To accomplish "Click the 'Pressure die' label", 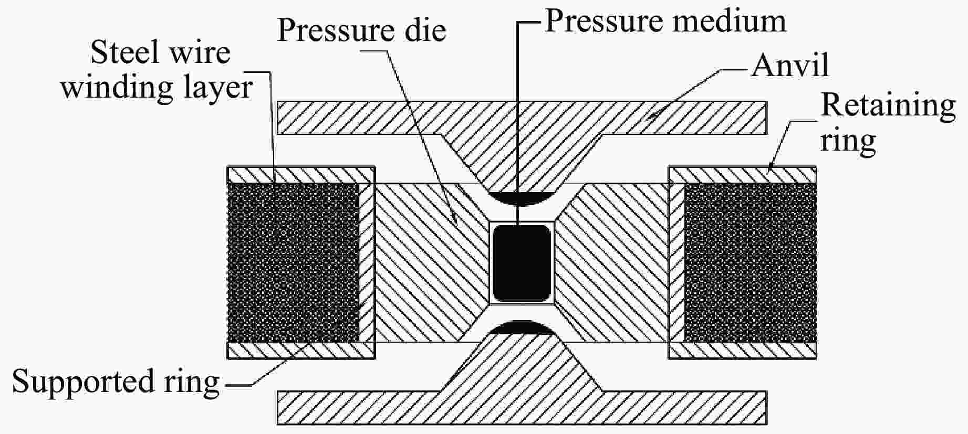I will [x=361, y=30].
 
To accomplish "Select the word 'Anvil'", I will [x=790, y=66].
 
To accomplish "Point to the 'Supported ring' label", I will [x=116, y=382].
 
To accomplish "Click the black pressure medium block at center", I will [x=521, y=262].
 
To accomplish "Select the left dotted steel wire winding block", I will [x=293, y=262].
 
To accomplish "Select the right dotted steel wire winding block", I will [x=750, y=262].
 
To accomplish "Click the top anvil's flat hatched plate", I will [x=357, y=118].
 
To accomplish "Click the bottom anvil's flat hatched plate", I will [x=357, y=407].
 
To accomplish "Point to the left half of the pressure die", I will [x=420, y=262].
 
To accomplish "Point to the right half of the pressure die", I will [x=615, y=262].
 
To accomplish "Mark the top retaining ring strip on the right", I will [x=742, y=174].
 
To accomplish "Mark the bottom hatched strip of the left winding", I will [x=300, y=350].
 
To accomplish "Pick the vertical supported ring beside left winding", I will [x=367, y=262].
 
